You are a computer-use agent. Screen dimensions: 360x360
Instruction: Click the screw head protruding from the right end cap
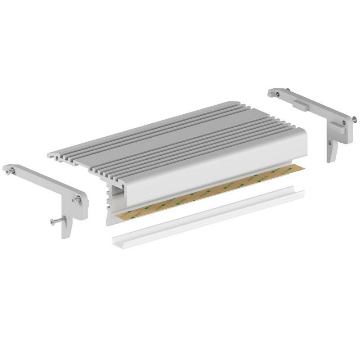tap(354, 119)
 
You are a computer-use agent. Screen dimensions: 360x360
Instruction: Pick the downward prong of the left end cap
tap(67, 227)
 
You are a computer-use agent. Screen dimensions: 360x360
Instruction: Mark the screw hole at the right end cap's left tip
tap(278, 94)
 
